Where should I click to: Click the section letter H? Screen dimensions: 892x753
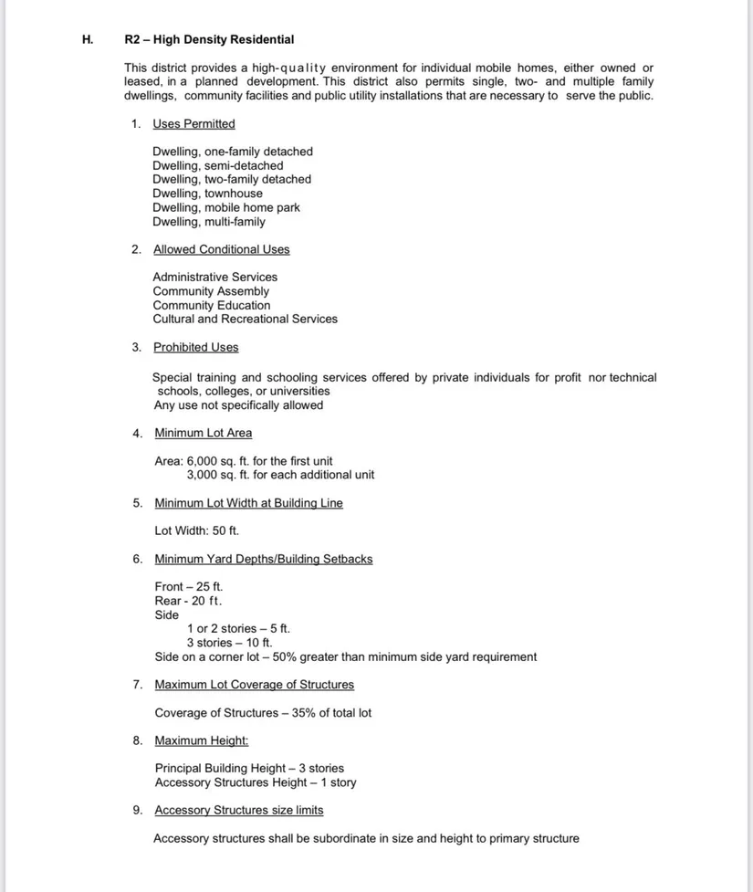point(88,39)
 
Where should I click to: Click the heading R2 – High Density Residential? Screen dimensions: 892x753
point(209,39)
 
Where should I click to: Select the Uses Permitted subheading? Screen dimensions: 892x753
point(193,124)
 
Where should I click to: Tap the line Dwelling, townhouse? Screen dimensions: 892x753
point(207,194)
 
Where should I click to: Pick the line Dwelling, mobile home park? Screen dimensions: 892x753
point(225,207)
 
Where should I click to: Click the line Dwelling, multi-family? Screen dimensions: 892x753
point(209,222)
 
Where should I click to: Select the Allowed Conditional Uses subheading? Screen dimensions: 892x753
point(221,249)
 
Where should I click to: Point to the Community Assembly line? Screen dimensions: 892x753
point(211,291)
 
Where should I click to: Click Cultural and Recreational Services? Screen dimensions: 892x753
point(245,319)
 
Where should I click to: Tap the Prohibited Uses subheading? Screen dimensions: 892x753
point(195,347)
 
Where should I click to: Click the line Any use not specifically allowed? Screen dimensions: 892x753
point(238,404)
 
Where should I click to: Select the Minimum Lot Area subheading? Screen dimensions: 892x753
point(203,433)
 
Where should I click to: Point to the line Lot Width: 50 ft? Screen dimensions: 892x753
point(196,530)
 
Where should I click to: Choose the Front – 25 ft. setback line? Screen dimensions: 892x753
point(188,586)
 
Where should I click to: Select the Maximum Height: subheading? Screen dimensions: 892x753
point(201,740)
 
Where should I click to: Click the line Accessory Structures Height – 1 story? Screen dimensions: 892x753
point(256,782)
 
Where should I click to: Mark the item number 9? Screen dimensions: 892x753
point(136,810)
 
